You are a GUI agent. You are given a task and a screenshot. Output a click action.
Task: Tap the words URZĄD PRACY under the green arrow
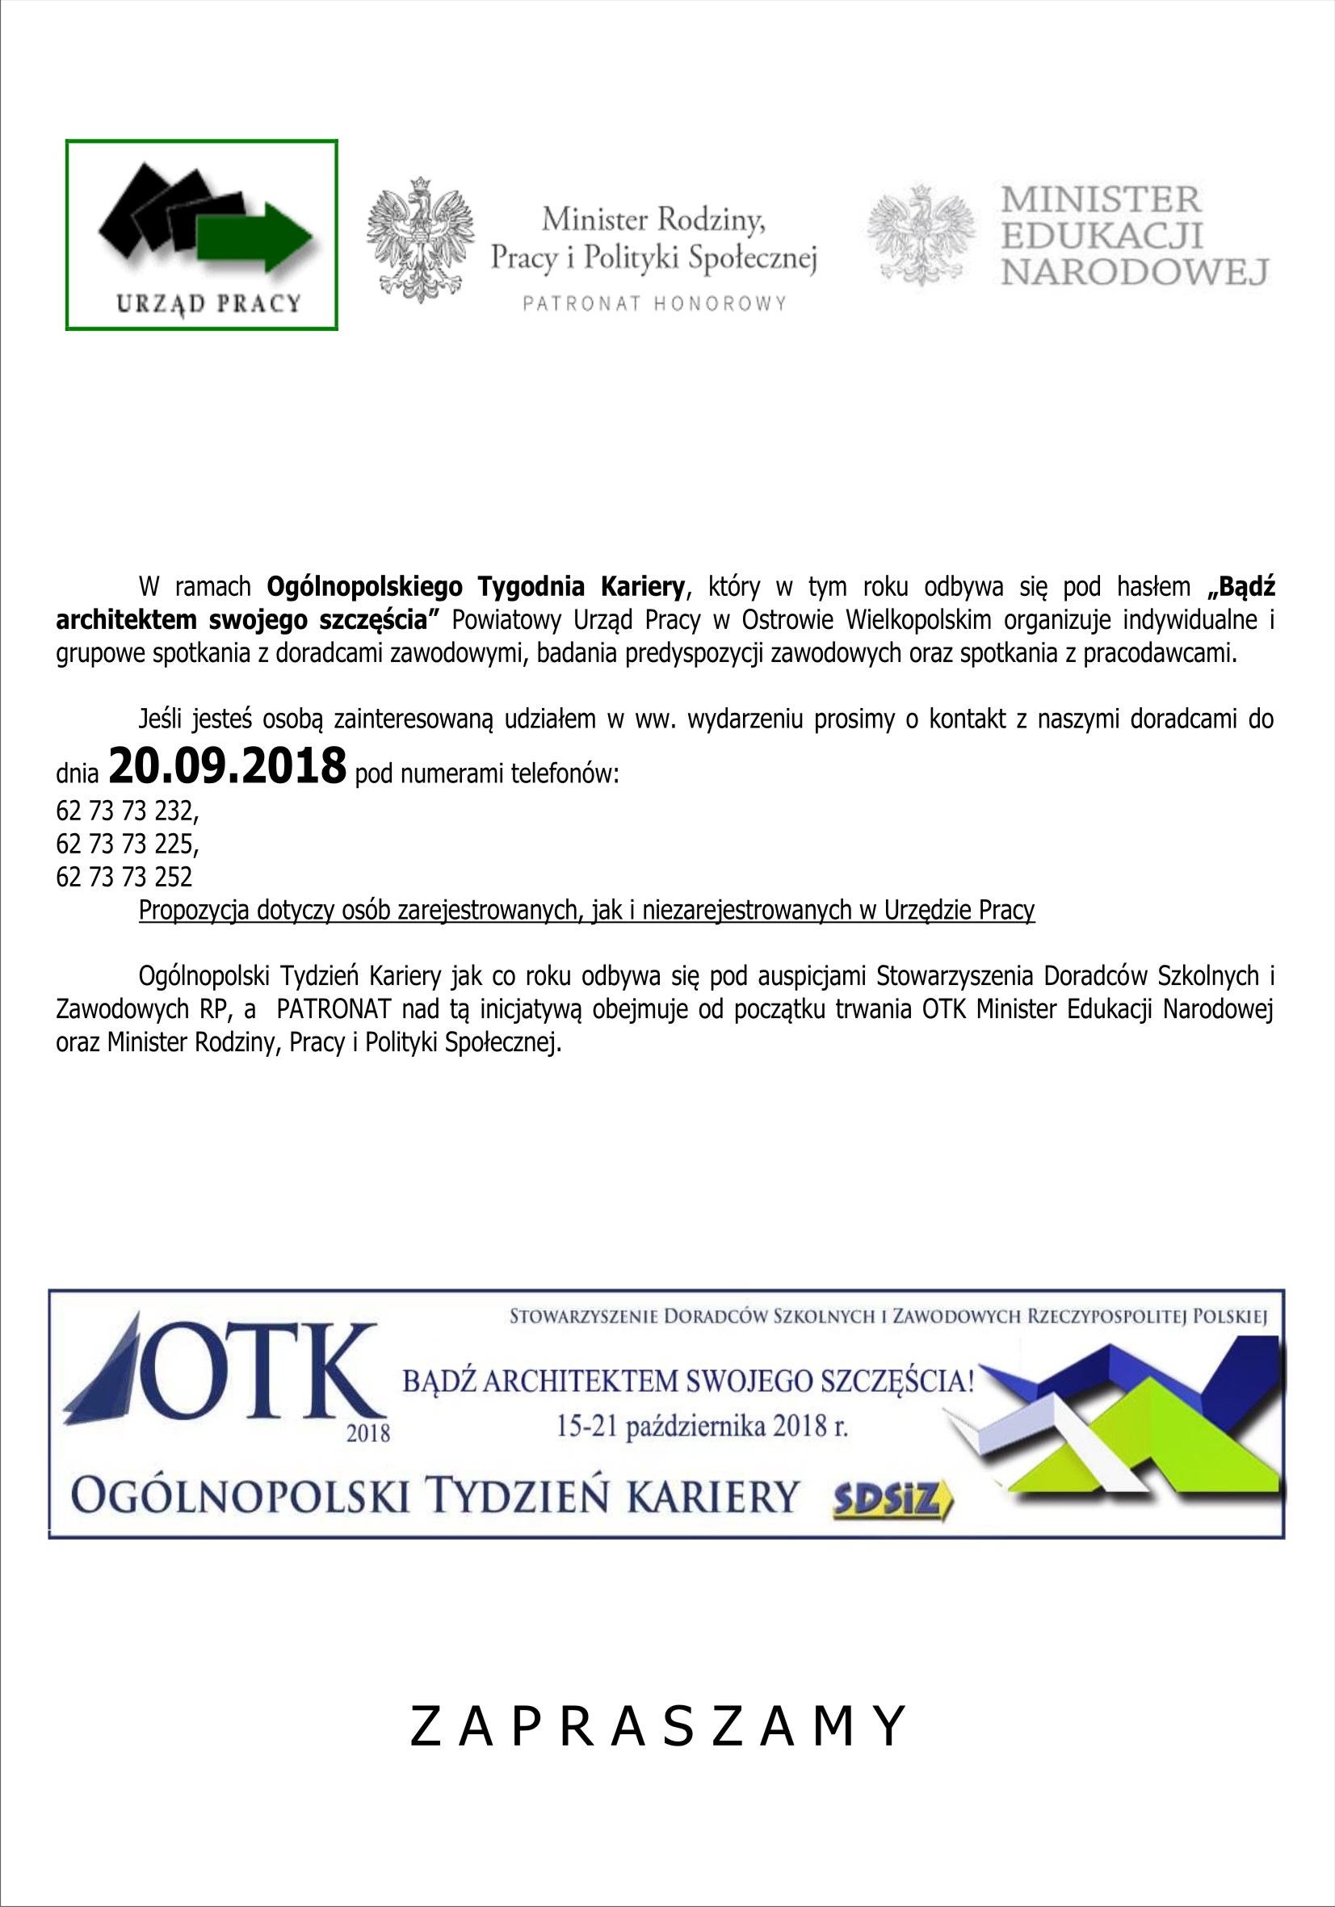[208, 303]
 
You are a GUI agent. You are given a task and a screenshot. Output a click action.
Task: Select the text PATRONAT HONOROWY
[655, 304]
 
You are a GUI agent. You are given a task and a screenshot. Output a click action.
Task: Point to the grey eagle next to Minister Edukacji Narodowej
[921, 236]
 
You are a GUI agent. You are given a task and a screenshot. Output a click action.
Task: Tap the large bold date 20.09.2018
[227, 766]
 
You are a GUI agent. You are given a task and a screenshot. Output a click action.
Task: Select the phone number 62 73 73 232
[126, 810]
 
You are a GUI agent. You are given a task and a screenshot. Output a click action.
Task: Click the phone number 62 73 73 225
[126, 843]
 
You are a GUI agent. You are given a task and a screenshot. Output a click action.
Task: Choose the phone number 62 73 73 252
[124, 876]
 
